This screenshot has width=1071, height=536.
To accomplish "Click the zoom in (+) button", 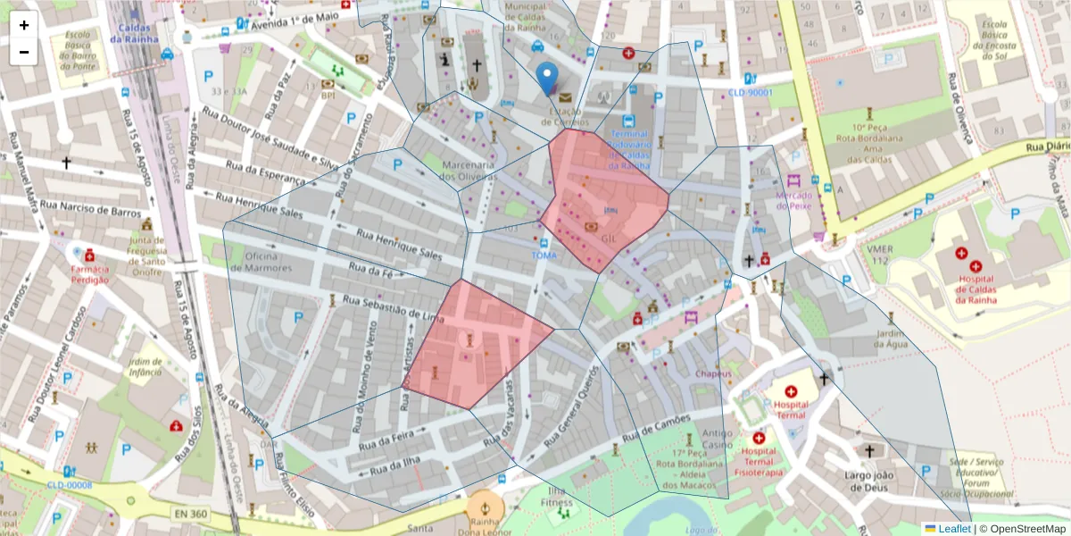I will coord(24,25).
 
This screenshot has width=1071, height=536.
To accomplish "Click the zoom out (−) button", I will coord(24,52).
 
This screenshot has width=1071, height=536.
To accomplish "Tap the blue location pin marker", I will coord(547,79).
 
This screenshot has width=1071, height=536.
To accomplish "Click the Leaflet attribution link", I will coord(953,528).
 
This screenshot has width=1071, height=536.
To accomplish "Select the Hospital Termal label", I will coord(790,410).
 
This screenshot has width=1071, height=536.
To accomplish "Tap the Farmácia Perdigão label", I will coord(89,273).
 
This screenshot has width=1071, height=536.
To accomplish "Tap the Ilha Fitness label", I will coord(558,498).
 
